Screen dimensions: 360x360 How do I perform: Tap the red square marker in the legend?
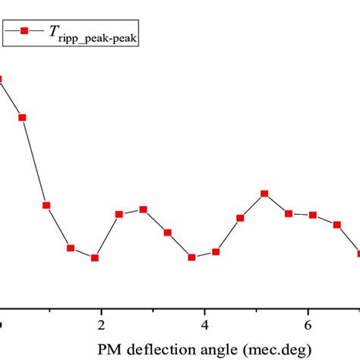24,31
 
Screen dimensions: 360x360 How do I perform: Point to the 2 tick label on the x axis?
101,325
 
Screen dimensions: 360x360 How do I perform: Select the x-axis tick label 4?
204,325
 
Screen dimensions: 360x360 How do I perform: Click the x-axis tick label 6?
308,325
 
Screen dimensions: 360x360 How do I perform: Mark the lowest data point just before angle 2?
95,258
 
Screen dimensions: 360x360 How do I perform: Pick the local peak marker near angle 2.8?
144,210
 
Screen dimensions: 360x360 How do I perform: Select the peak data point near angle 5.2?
264,194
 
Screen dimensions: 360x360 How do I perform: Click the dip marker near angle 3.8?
192,257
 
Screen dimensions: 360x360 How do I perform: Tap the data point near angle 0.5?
23,118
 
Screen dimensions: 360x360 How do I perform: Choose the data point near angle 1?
46,205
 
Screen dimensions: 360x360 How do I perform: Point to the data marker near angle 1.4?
71,248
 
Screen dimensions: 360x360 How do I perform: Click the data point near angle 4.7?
241,218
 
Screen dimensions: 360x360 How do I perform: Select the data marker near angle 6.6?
337,224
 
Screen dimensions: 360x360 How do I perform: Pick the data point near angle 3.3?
168,232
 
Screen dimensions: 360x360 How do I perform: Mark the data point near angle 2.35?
119,214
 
